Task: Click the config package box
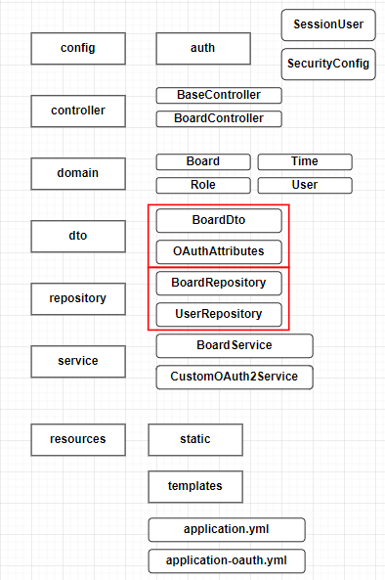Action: [78, 49]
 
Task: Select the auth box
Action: [203, 49]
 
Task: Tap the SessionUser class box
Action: [328, 24]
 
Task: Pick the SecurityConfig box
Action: [328, 64]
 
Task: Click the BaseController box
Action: [219, 95]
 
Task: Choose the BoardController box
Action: [219, 118]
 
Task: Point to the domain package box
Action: [78, 173]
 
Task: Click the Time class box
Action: [305, 162]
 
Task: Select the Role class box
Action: [203, 185]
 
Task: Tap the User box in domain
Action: [305, 185]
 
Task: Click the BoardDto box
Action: [219, 220]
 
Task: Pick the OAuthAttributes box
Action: [219, 252]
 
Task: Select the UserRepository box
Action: [219, 314]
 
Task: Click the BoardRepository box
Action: [219, 283]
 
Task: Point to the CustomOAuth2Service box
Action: [235, 377]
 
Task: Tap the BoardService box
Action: [235, 346]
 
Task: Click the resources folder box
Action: [78, 439]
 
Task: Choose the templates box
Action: [195, 486]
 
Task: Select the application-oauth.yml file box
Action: [227, 560]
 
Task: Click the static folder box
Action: [195, 439]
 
